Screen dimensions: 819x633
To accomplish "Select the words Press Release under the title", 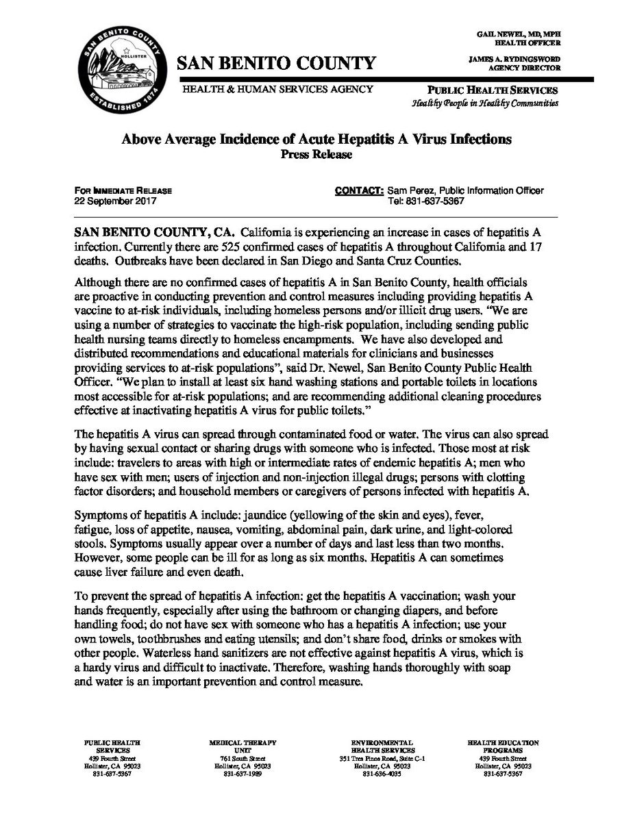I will [x=316, y=155].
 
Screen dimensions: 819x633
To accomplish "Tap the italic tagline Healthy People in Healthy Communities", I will [x=485, y=103].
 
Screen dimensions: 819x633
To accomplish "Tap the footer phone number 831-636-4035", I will [x=382, y=774].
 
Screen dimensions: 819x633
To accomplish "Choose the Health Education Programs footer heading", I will [x=503, y=746].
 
